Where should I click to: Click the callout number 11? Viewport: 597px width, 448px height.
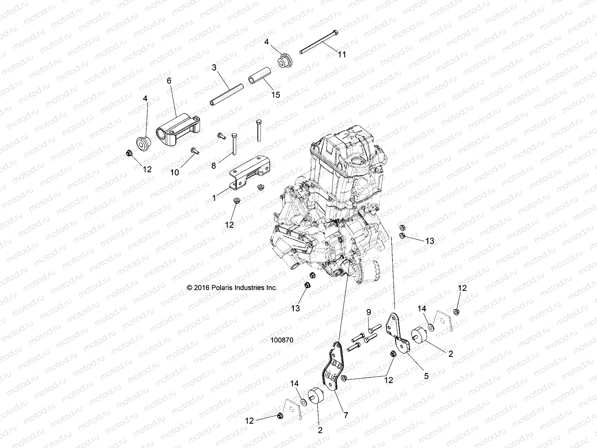[x=342, y=55]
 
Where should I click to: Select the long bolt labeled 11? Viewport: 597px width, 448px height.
[x=318, y=42]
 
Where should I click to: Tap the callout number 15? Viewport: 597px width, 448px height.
[x=275, y=94]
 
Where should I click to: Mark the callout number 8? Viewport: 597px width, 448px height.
[x=214, y=165]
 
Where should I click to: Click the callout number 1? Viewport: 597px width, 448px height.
[x=214, y=198]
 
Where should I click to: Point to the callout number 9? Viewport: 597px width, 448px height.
[x=368, y=312]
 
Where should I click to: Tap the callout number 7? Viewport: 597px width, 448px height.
[x=346, y=415]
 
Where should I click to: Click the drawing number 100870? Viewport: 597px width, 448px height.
[x=282, y=340]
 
